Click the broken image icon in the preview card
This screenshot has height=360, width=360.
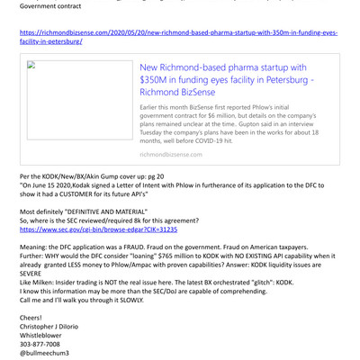pyautogui.click(x=30, y=65)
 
